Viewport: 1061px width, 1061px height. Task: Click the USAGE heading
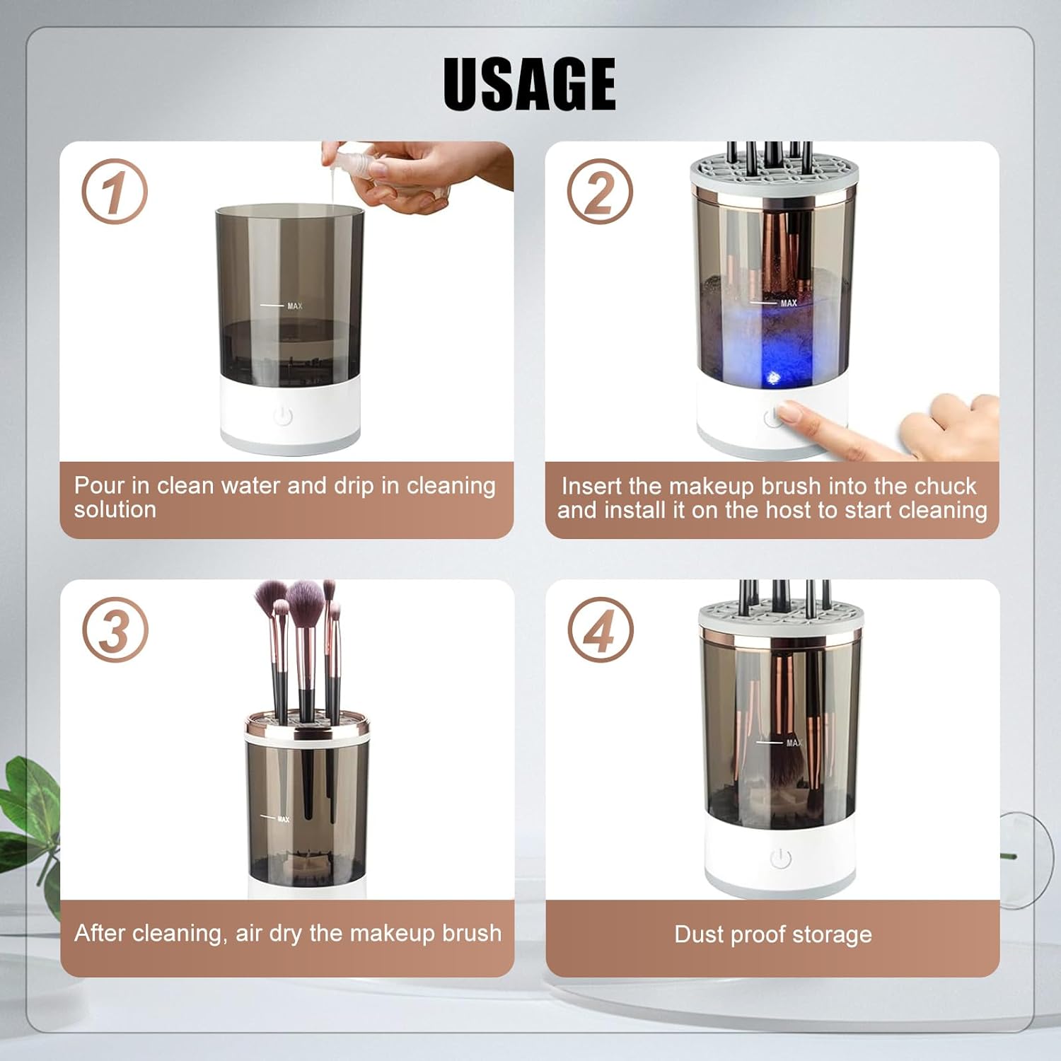[529, 83]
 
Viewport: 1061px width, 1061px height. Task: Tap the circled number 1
[115, 192]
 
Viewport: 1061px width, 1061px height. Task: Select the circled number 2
[600, 192]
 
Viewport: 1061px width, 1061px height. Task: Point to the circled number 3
[115, 630]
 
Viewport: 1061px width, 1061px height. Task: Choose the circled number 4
[601, 630]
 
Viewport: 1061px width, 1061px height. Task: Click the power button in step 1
[283, 415]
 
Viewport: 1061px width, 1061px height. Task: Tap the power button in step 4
[780, 858]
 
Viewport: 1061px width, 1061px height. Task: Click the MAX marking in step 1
[294, 306]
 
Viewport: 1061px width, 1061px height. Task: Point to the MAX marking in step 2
[789, 303]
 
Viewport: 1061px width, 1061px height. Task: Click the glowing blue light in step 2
[773, 378]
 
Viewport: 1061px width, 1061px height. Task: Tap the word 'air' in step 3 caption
[248, 933]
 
